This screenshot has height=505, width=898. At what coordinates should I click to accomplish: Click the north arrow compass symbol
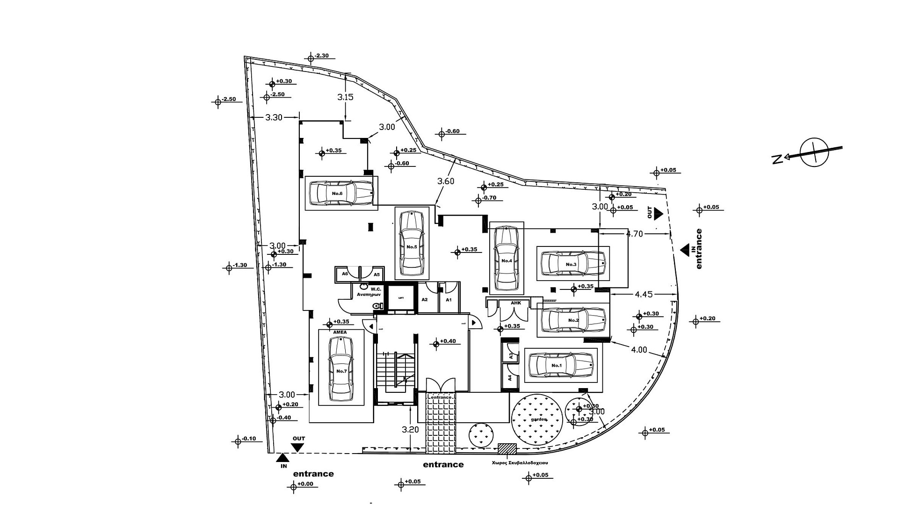point(814,152)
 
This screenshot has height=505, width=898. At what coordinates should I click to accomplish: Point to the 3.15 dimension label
point(345,97)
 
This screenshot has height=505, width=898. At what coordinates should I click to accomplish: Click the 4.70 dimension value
point(634,234)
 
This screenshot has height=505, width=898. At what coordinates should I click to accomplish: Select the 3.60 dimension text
point(445,181)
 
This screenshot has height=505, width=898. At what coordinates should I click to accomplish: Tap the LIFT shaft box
point(401,298)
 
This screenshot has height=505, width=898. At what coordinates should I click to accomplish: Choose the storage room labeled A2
point(425,300)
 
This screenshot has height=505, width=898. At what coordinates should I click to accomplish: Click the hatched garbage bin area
point(507,448)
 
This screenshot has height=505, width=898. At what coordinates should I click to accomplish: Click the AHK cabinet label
point(515,303)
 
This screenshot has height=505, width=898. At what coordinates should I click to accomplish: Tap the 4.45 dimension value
point(644,295)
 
